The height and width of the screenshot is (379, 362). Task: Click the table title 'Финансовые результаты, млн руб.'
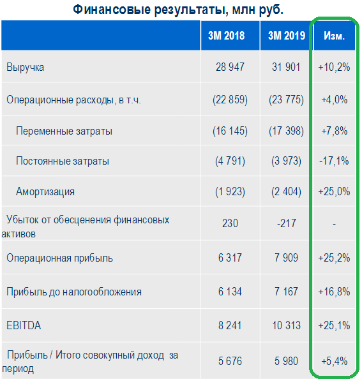pos(178,10)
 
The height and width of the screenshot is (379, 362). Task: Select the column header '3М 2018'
pos(227,36)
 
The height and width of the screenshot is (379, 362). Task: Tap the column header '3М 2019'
pos(287,36)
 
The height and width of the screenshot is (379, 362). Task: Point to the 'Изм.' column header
pos(334,36)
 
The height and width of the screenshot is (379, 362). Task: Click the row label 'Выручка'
pos(25,67)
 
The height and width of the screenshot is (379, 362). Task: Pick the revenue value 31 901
pos(286,67)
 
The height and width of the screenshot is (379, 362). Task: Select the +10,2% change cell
pos(334,67)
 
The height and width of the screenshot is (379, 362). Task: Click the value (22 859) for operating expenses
pos(230,100)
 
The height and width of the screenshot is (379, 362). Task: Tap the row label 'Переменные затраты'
pos(64,131)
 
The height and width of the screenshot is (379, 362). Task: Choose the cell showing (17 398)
pos(286,131)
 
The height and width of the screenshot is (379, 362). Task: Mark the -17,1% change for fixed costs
pos(334,161)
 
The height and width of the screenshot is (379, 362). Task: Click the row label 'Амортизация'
pos(45,191)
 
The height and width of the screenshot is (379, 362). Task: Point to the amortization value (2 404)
pos(286,191)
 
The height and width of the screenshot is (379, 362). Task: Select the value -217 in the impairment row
pos(287,223)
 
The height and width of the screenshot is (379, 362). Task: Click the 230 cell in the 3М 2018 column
pos(230,223)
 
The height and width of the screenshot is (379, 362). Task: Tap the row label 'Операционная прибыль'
pos(59,258)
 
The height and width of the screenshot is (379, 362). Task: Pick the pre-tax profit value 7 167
pos(286,292)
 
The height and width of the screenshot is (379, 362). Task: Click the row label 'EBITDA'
pos(24,325)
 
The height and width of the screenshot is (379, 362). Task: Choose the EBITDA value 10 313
pos(286,325)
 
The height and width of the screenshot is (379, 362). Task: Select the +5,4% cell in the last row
pos(334,361)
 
